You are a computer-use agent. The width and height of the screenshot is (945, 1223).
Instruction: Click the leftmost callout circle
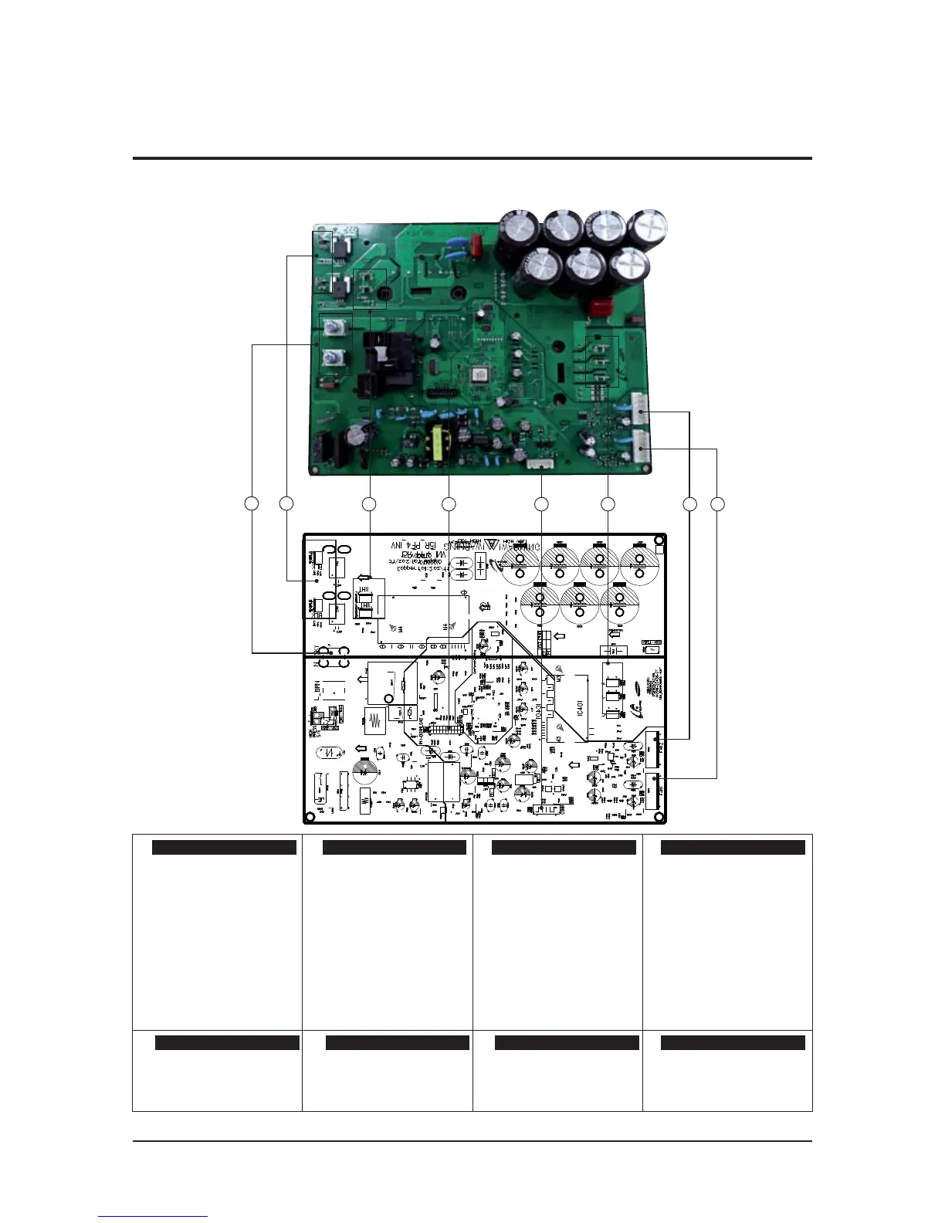click(251, 504)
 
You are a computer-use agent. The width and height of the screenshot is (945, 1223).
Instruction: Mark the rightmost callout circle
click(718, 504)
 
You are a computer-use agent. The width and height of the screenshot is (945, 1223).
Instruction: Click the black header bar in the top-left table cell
click(224, 848)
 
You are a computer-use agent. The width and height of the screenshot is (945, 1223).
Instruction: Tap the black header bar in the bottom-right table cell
click(733, 1043)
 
